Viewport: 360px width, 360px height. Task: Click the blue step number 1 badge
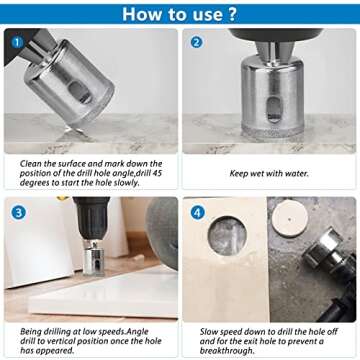tap(18, 43)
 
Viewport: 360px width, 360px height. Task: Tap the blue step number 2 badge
tap(197, 42)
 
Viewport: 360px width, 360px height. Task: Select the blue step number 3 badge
tap(18, 213)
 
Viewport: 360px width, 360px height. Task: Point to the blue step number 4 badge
tap(197, 212)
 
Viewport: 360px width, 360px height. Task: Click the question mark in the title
tap(232, 14)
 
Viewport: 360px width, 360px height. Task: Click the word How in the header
tap(141, 14)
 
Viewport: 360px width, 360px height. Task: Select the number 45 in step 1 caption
tap(158, 173)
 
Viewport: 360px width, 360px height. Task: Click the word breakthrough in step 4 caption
tap(227, 351)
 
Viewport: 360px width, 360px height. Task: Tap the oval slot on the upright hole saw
tap(274, 110)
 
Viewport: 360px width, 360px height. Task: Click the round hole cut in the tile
tap(227, 236)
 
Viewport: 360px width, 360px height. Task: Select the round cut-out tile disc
tap(290, 219)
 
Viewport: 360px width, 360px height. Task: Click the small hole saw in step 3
tap(94, 258)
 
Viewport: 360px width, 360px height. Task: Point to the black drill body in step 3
tap(92, 218)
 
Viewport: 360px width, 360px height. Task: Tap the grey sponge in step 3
tap(162, 232)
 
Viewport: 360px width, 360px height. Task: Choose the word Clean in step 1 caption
tap(29, 164)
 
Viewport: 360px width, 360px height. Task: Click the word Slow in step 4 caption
tap(209, 332)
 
